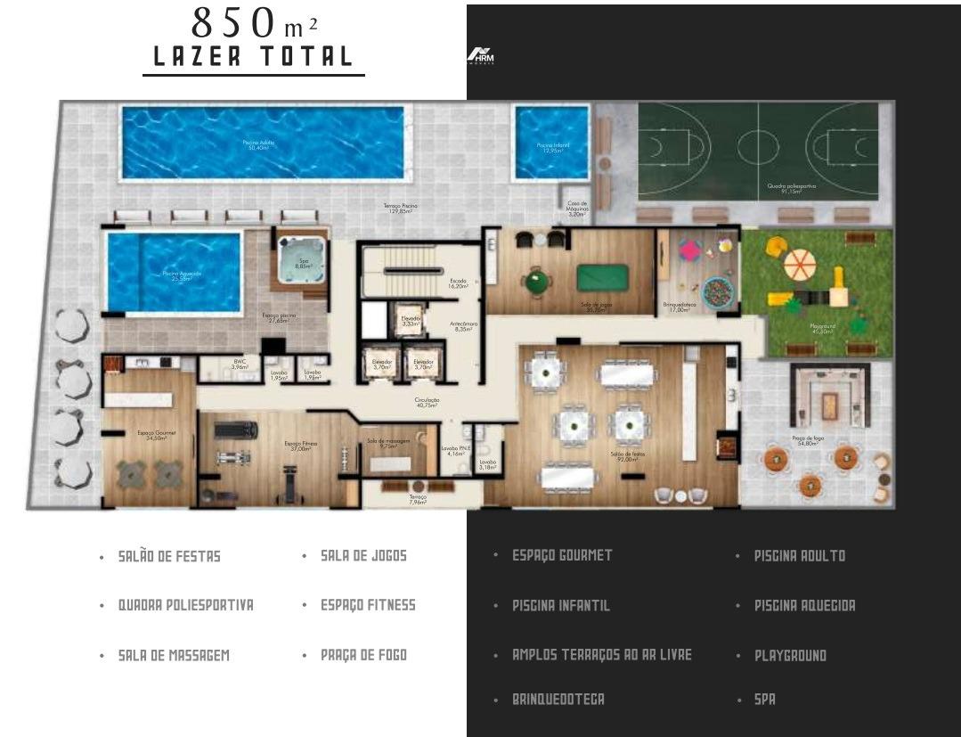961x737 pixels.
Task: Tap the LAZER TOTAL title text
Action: click(x=254, y=56)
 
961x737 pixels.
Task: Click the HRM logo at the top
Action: click(x=481, y=56)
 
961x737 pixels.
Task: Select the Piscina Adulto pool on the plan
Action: click(x=262, y=143)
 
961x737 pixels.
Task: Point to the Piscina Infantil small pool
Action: click(x=551, y=143)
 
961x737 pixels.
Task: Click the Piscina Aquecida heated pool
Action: click(x=175, y=272)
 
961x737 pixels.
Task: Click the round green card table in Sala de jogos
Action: click(x=538, y=282)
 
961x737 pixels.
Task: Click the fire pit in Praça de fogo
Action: click(x=828, y=406)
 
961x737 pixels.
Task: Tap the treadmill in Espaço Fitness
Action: click(x=236, y=430)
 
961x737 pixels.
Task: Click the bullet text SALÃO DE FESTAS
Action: click(x=169, y=556)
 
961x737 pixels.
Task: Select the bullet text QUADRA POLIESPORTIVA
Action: click(x=185, y=605)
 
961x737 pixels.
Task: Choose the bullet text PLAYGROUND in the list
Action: click(x=790, y=655)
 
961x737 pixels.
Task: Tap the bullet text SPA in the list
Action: click(x=764, y=700)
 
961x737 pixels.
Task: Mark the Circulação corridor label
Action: click(x=427, y=403)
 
